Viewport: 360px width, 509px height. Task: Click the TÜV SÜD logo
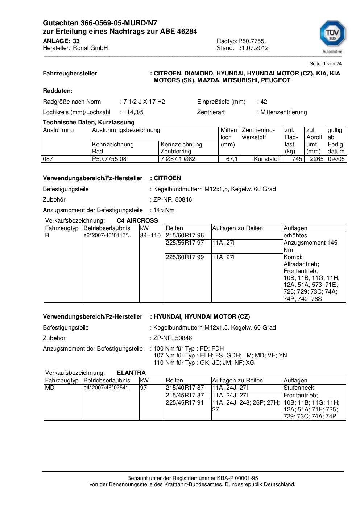click(x=332, y=36)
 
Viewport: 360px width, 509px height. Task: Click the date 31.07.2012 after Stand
click(x=253, y=48)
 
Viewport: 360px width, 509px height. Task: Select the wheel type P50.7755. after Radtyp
click(x=252, y=41)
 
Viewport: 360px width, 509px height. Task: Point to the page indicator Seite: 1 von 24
click(x=326, y=63)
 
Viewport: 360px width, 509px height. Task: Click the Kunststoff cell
click(x=267, y=159)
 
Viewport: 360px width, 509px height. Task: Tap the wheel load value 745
click(x=297, y=159)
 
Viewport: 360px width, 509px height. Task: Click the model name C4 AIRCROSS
click(x=137, y=220)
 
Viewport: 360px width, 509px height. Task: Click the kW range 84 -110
click(x=150, y=236)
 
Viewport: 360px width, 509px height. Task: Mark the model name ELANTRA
click(x=131, y=373)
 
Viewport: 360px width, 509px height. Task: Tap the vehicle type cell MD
click(x=49, y=388)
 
